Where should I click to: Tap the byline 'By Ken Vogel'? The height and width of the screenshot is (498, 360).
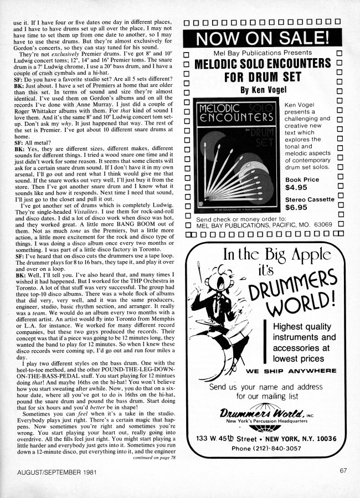point(263,89)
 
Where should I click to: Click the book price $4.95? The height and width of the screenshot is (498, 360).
point(297,187)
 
